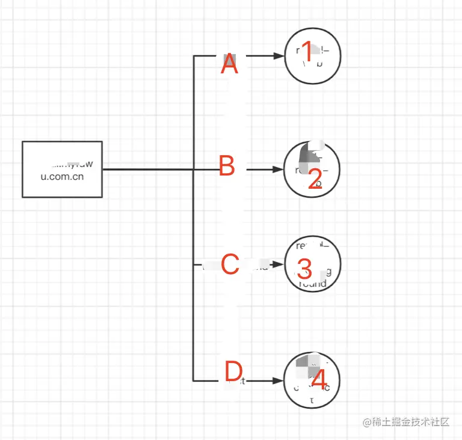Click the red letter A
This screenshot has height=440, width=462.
coord(229,64)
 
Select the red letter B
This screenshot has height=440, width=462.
coord(227,167)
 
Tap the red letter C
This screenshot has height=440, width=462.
coord(230,264)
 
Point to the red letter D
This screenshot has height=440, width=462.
coord(233,372)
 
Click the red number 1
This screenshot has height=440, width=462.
coord(307,52)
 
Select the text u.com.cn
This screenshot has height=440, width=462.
coord(62,177)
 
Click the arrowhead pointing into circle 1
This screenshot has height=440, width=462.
coord(278,56)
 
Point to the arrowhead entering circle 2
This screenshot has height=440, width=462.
coord(278,170)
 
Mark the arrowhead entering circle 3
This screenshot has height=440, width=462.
coord(278,264)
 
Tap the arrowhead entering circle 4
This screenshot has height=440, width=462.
coord(278,380)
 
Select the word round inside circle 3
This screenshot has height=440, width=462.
coord(312,284)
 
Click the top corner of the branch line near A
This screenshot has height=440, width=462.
coord(193,56)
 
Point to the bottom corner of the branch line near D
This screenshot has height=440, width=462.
coord(193,380)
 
